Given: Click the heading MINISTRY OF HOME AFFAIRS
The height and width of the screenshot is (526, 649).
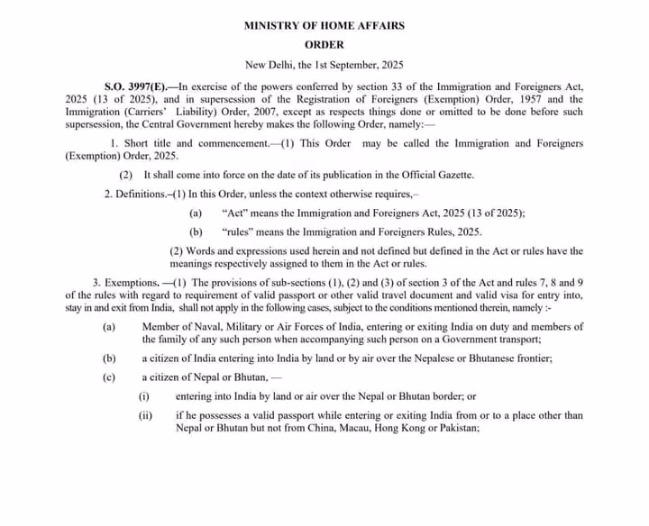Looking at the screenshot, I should (x=324, y=25).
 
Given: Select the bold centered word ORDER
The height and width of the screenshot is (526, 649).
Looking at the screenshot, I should (x=324, y=44).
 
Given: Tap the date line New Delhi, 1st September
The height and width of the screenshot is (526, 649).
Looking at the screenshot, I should (x=324, y=65).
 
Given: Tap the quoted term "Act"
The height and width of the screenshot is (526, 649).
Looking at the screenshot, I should (x=232, y=213).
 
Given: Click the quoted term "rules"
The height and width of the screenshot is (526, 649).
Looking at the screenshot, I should (x=237, y=232).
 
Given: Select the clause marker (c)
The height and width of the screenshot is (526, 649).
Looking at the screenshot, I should (x=109, y=376).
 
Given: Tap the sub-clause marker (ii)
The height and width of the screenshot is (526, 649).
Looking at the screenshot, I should (x=145, y=415).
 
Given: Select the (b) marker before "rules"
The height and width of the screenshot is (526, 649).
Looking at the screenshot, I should (x=196, y=232).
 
